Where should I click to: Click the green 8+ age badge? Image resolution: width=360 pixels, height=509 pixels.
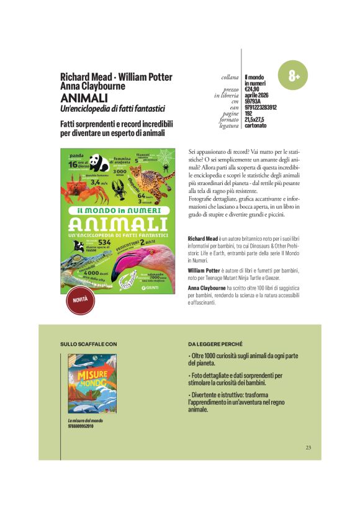294,76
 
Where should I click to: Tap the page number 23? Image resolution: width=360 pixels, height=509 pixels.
308,448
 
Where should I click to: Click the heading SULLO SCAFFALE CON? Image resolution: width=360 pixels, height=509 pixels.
88,343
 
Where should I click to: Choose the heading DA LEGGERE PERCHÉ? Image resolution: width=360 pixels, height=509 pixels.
215,343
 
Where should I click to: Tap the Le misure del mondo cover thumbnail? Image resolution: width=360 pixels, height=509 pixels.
92,385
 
